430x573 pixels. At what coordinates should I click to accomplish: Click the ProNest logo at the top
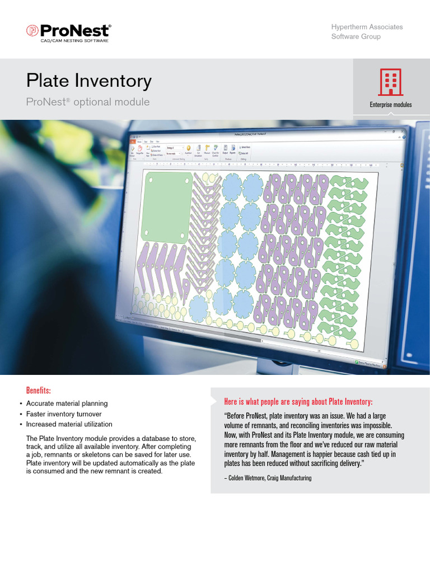(69, 30)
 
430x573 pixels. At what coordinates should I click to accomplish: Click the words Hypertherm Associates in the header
(367, 27)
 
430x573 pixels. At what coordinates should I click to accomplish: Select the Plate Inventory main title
(89, 81)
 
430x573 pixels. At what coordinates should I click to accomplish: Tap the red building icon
(390, 83)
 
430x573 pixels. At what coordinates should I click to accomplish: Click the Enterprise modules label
(390, 105)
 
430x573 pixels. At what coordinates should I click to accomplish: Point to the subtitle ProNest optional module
(88, 102)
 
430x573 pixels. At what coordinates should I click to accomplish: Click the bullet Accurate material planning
(67, 403)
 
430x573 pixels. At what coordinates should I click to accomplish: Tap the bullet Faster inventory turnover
(64, 414)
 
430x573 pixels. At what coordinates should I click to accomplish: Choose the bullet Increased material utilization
(69, 424)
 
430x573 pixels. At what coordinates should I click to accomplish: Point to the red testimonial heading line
(298, 402)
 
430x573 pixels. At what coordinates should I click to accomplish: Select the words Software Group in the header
(356, 36)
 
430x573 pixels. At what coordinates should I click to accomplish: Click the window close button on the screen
(403, 133)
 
